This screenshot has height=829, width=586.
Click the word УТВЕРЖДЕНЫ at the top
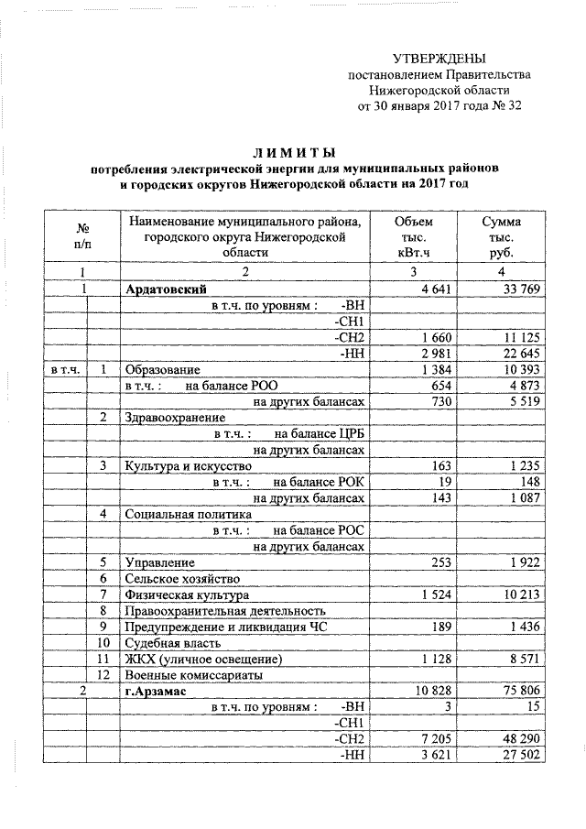pos(434,58)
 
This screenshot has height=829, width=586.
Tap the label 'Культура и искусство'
pos(186,465)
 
